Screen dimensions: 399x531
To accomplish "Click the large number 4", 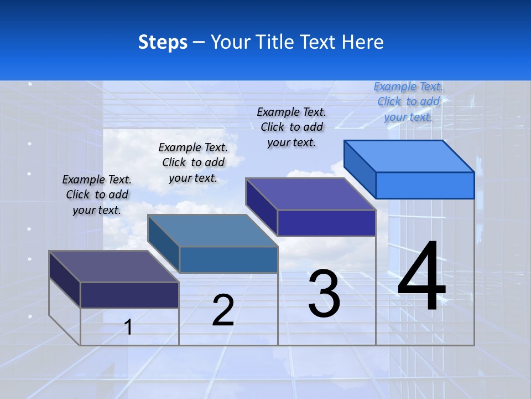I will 421,277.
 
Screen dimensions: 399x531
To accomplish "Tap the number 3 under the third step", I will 324,294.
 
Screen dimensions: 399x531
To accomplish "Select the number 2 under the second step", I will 223,310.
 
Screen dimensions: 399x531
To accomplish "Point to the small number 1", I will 128,328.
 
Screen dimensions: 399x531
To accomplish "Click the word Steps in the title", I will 163,42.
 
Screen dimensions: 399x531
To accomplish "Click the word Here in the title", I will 363,42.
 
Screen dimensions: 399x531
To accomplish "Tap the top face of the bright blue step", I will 409,156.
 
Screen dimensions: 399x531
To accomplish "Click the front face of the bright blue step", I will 425,185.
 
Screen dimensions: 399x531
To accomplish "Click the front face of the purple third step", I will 326,223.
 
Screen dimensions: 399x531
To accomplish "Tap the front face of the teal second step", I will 228,259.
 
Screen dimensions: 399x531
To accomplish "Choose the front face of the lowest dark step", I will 129,295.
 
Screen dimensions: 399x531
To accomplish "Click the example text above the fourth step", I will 408,101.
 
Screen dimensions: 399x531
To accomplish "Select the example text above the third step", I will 291,127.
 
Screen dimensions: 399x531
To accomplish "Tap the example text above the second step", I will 193,162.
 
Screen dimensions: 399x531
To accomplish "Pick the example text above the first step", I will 97,195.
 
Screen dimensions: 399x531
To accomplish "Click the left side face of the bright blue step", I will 360,168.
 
